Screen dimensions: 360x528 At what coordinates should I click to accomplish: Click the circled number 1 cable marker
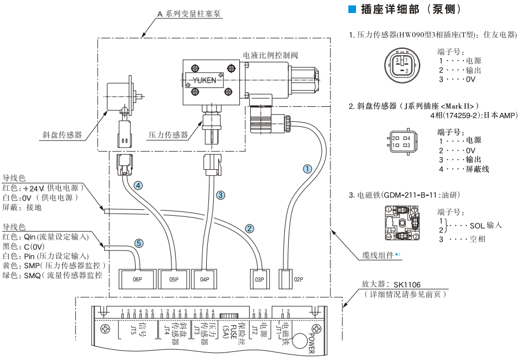coord(308,169)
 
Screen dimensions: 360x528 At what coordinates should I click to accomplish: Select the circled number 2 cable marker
coord(250,228)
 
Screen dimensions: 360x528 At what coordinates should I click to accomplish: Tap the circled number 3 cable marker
coord(220,195)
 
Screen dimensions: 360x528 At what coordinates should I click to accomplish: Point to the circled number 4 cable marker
coord(139,185)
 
